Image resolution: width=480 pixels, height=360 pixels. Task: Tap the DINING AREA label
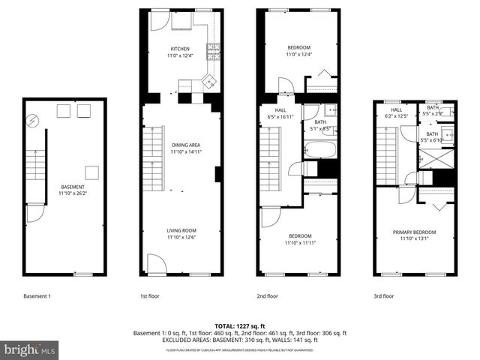point(185,144)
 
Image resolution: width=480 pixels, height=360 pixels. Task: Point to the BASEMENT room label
point(73,187)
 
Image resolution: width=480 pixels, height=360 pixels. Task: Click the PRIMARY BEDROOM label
point(414,232)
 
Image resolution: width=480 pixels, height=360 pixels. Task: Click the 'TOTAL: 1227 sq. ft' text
point(240,326)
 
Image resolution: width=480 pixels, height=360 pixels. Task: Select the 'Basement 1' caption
point(37,296)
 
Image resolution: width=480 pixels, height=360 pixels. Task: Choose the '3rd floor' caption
point(383,296)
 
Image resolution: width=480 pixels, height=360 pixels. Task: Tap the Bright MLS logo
point(29,349)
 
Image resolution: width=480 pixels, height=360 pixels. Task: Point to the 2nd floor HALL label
point(273,112)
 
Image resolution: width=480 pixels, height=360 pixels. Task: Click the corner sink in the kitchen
point(210,80)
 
